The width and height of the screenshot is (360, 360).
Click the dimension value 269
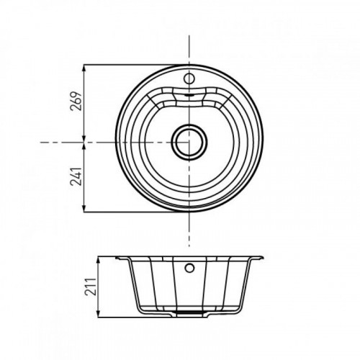76,101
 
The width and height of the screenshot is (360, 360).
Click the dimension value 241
76,176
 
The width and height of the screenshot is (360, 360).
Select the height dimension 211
91,287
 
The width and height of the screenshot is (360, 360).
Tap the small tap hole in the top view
189,78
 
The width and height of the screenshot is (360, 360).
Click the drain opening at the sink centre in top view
189,142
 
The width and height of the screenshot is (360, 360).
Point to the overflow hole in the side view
189,268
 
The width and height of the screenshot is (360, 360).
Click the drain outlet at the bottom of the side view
189,312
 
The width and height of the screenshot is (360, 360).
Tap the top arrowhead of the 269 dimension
84,68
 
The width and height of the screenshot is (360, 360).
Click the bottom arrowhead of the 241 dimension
84,209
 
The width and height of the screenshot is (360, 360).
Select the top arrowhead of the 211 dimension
99,260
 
